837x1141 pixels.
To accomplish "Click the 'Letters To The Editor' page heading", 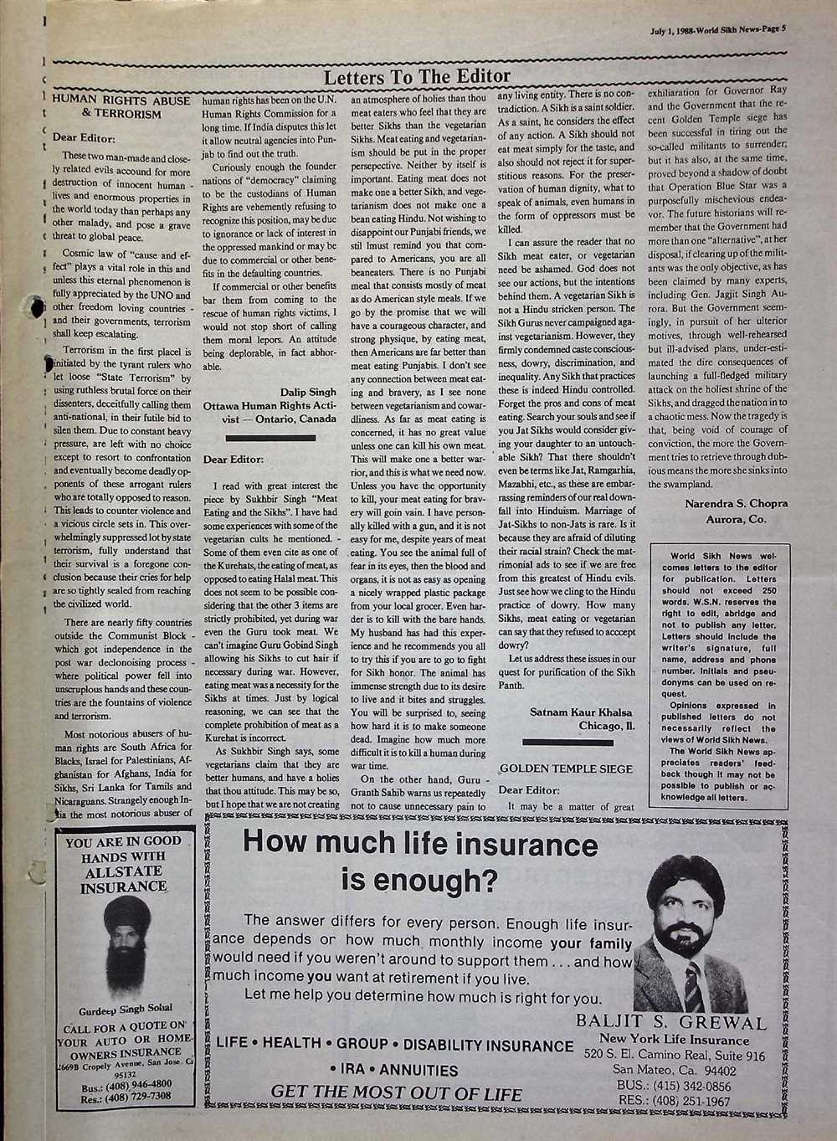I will point(416,78).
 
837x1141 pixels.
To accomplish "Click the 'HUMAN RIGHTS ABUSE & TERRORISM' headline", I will point(121,107).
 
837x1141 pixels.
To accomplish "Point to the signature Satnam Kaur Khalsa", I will point(581,712).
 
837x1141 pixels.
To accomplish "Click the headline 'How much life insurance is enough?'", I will point(419,862).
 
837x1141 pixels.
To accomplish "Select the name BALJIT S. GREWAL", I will point(671,1022).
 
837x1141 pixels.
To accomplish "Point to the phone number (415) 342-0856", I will point(671,1086).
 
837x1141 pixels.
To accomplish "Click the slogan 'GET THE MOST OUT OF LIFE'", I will point(396,1093).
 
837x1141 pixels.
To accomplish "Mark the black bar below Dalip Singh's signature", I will point(270,436).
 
